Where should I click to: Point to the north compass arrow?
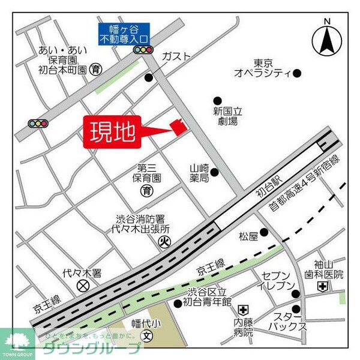coord(327,39)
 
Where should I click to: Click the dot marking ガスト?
coord(149,77)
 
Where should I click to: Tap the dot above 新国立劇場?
coord(218,101)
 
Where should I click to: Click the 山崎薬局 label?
coord(199,173)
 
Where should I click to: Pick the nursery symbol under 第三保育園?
coord(147,191)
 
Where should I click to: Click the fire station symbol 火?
coord(164,242)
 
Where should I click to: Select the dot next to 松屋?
coord(264,232)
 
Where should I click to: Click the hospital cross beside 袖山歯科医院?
coord(323,287)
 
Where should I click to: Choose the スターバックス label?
coord(286,320)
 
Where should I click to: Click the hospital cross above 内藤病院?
coord(243,310)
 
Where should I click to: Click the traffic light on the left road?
coord(38,124)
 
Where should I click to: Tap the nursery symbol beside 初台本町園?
coord(96,70)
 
